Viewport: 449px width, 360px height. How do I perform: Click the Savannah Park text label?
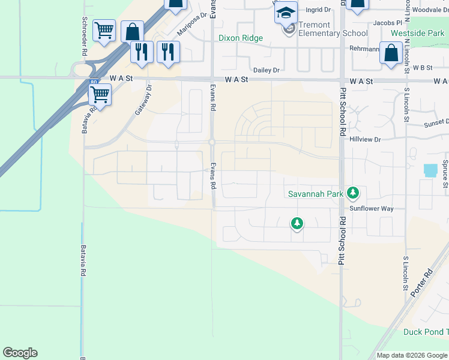coord(315,193)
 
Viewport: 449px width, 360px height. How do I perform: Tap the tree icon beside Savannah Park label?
coord(354,193)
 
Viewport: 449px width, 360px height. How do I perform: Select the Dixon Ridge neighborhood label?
coord(240,38)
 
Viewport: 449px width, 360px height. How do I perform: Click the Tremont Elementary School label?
coord(325,29)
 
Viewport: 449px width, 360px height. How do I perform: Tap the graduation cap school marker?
coord(286,13)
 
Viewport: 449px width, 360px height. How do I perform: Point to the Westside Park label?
coord(417,33)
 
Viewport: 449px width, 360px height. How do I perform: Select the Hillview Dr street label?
coord(365,139)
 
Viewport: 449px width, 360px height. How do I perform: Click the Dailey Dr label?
coord(267,70)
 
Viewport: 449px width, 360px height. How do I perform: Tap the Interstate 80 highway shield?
coord(92,82)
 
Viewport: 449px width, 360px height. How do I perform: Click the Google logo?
coord(20,353)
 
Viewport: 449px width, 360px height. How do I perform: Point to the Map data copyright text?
coord(412,355)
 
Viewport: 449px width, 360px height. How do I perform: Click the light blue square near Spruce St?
coord(430,170)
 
